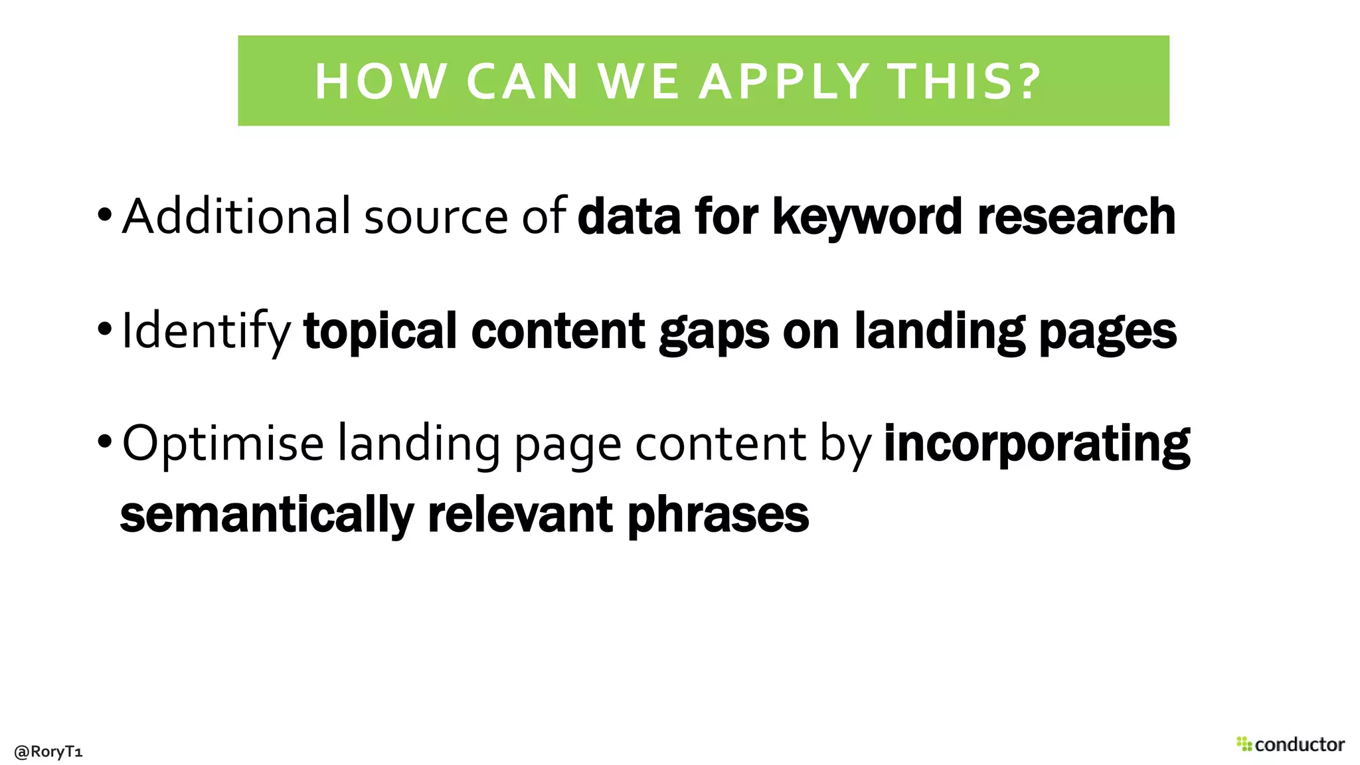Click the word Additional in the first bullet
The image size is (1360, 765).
(236, 216)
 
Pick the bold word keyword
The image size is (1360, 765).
(867, 218)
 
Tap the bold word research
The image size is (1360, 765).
(1076, 216)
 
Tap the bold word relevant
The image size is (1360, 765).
(520, 515)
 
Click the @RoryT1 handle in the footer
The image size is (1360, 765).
(48, 752)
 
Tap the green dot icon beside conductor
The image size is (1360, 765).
(1244, 744)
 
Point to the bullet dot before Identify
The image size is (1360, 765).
(104, 328)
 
